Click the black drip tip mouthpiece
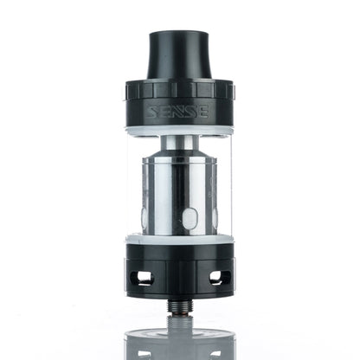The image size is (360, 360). coord(179,57)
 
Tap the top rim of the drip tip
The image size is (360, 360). coord(179,35)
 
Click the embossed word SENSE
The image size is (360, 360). coord(179,112)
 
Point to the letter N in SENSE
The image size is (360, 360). coord(180,112)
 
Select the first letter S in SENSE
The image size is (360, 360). coord(154,112)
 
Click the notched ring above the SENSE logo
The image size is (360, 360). coord(179,90)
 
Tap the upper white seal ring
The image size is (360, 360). coord(179,130)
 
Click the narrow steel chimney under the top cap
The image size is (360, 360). coord(179,142)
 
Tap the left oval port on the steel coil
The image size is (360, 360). coord(145,216)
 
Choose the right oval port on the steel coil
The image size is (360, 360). coord(214,216)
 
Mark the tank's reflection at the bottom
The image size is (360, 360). coord(179,342)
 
